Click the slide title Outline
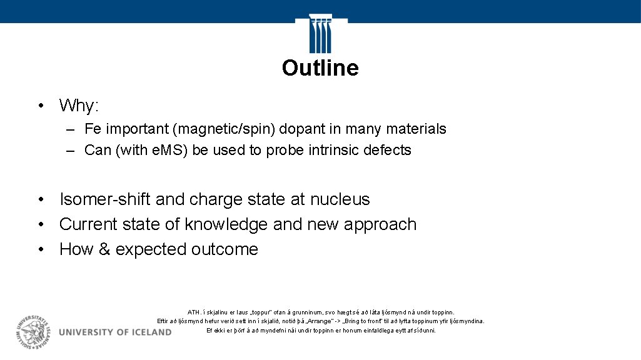click(x=320, y=67)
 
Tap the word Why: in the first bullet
click(x=79, y=106)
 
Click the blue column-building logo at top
click(x=320, y=34)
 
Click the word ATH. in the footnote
click(x=194, y=312)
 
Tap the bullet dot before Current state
click(x=40, y=224)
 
